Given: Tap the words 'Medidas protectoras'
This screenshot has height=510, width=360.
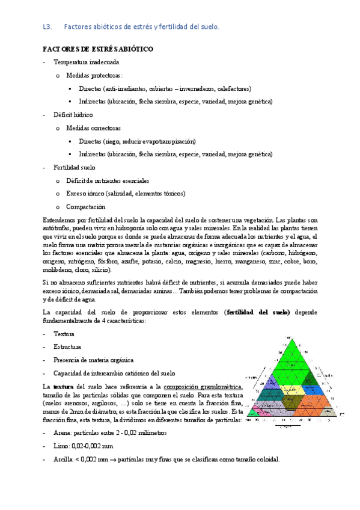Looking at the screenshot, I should point(94,75).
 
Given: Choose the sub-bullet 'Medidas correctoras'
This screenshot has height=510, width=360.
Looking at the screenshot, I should point(94,127).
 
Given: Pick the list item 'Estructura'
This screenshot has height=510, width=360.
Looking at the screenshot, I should point(68,346).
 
